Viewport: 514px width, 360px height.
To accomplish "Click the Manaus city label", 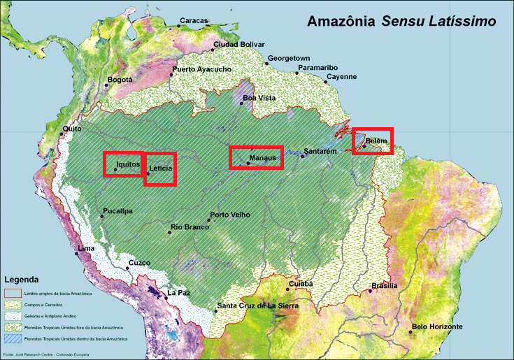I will point(264,158).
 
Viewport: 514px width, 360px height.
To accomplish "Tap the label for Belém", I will point(376,141).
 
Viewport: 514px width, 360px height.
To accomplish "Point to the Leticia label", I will point(160,168).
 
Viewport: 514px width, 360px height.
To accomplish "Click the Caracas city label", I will point(194,21).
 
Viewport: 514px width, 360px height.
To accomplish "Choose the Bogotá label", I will point(120,80).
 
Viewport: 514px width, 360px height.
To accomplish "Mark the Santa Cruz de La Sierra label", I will point(257,306).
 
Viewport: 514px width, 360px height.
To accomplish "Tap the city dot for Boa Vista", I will point(242,103).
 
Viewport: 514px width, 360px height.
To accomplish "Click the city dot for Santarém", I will point(302,156).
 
